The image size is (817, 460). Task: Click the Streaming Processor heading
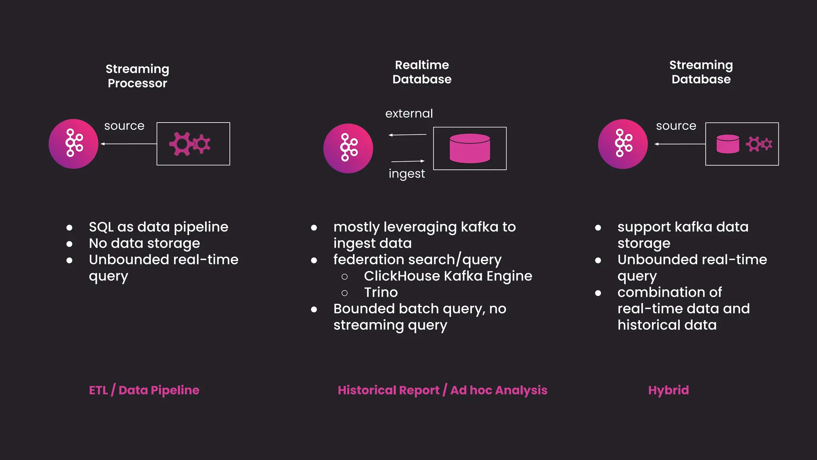(x=137, y=76)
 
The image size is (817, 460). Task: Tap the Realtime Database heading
(x=422, y=72)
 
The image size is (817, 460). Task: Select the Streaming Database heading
(x=701, y=72)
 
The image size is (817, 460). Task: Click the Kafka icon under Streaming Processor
(x=73, y=144)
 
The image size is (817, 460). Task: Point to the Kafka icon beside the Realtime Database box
(x=348, y=148)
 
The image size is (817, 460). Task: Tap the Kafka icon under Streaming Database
(x=623, y=144)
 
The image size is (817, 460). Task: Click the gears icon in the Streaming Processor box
(x=190, y=144)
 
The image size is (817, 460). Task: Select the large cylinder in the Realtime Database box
(x=470, y=148)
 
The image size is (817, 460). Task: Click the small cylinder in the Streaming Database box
(x=728, y=144)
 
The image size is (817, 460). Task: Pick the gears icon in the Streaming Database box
(x=759, y=144)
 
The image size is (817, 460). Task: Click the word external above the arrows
(x=409, y=113)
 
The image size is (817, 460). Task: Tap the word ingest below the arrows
(x=407, y=174)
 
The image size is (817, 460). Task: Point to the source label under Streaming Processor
(x=124, y=126)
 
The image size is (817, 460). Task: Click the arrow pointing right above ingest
(x=408, y=161)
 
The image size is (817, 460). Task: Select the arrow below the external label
(x=407, y=135)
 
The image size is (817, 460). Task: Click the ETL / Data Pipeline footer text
(x=144, y=390)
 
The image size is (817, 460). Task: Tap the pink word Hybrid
(x=668, y=390)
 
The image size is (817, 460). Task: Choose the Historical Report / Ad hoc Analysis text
(x=442, y=390)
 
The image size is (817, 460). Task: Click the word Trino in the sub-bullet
(x=381, y=292)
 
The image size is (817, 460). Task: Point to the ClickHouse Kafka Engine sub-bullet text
(x=448, y=276)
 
